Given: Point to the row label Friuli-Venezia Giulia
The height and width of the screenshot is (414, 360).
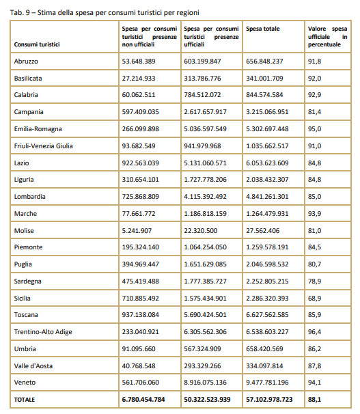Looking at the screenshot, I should pyautogui.click(x=44, y=146).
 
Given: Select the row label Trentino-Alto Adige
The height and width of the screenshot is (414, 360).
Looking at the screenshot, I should pyautogui.click(x=43, y=331).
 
